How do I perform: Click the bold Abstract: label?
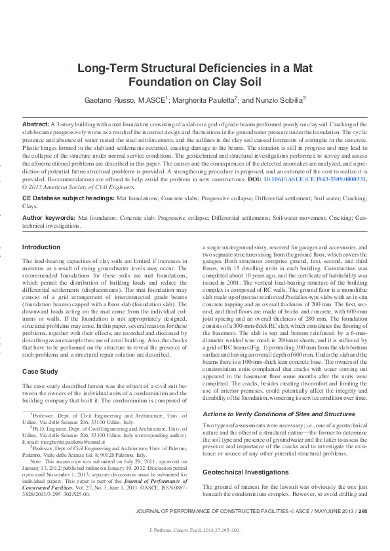35,124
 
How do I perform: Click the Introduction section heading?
41,247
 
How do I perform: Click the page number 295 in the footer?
363,512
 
